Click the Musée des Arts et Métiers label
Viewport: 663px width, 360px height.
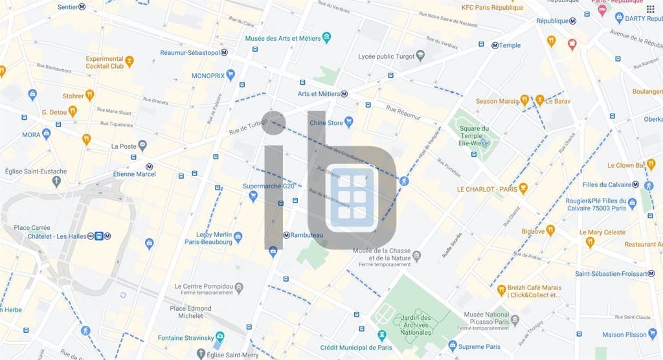click(x=283, y=38)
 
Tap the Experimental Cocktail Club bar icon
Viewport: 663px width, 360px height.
click(x=129, y=62)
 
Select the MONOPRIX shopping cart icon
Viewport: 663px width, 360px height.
click(x=230, y=76)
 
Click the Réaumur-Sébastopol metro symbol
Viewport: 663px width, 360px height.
click(x=224, y=52)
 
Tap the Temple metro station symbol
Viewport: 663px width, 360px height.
click(x=495, y=45)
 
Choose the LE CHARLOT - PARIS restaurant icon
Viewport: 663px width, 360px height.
click(x=523, y=189)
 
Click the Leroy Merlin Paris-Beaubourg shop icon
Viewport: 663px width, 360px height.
click(x=238, y=237)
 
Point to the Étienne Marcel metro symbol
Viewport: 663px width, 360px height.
click(x=150, y=166)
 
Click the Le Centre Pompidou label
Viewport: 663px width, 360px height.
click(x=203, y=286)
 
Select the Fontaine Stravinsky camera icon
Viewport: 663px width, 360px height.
click(x=219, y=337)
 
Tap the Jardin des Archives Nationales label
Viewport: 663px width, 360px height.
click(x=415, y=325)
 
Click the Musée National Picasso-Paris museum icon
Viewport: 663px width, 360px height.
click(x=515, y=319)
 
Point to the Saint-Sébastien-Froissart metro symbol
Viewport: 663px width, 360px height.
click(x=651, y=273)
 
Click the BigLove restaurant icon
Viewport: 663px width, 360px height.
click(x=550, y=231)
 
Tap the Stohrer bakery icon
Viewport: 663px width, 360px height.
click(x=89, y=96)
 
